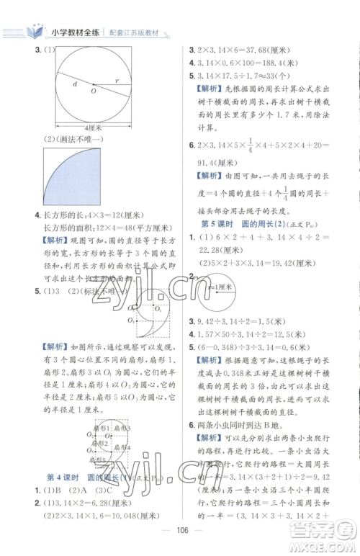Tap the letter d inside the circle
(x=74, y=84)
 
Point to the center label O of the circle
(x=92, y=91)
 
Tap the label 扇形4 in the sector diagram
(x=118, y=447)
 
